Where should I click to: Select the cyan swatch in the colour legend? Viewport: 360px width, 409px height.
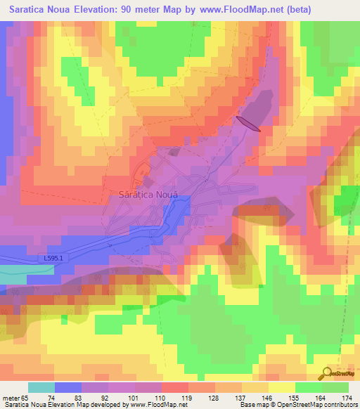(41, 387)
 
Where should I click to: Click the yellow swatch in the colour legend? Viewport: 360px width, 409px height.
(282, 387)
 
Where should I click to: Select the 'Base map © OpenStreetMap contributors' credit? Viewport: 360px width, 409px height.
(297, 405)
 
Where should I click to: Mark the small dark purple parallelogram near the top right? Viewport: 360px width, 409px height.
(249, 123)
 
